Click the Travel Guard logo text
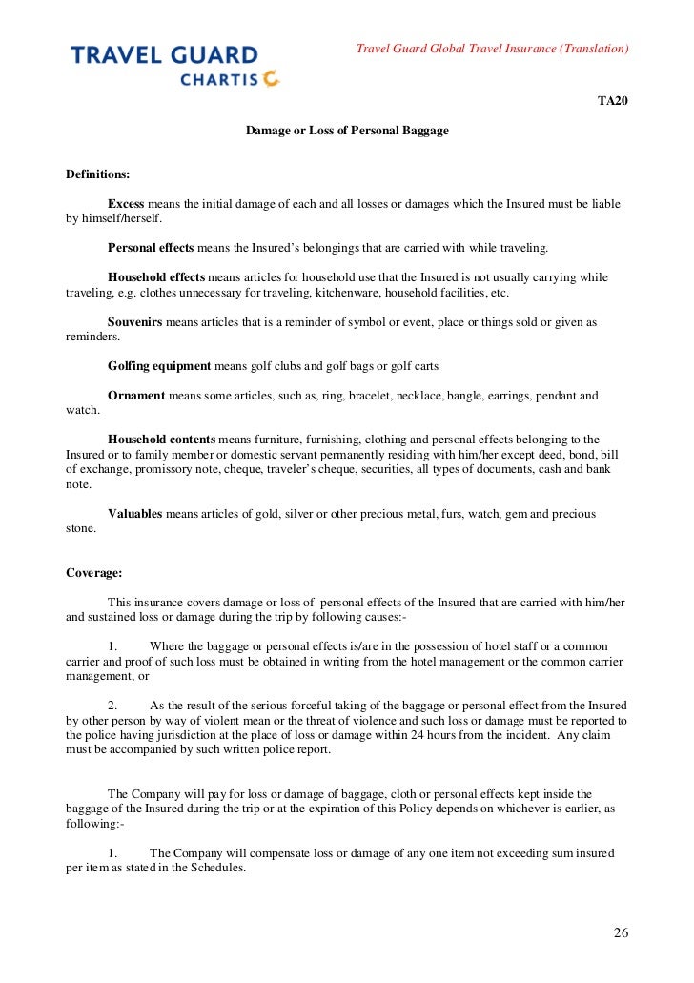point(164,55)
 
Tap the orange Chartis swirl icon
point(272,79)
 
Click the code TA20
point(613,101)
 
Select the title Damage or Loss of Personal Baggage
point(347,130)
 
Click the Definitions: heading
point(97,174)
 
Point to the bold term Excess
point(126,204)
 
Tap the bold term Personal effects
point(151,248)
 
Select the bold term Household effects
point(156,277)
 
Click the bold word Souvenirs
point(135,322)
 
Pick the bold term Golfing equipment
point(159,366)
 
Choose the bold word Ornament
point(136,396)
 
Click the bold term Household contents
point(161,440)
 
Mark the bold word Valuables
point(135,514)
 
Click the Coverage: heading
point(93,573)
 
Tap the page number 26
point(620,932)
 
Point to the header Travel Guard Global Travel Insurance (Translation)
point(492,49)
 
